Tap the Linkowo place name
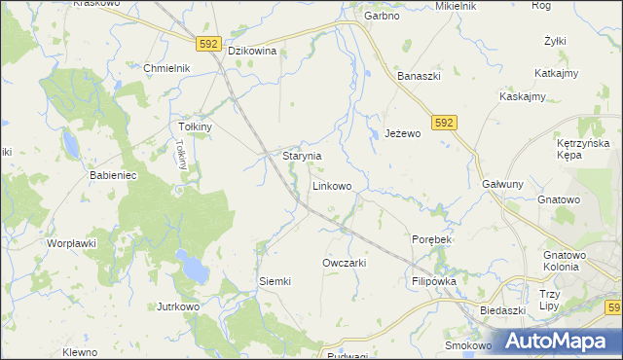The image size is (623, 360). (332, 185)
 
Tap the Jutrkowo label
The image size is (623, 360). (178, 306)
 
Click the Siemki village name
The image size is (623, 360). (275, 281)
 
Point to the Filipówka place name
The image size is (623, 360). (434, 281)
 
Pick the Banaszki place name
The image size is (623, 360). (421, 76)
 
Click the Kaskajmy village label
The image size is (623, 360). (522, 96)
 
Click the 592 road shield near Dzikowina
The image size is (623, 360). (207, 44)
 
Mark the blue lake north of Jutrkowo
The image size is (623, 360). (191, 264)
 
